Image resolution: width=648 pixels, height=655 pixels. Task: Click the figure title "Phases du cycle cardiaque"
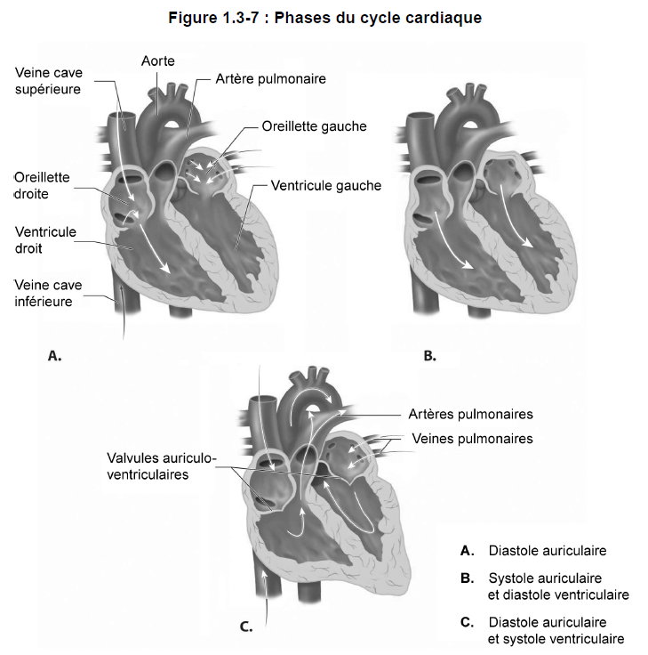(x=378, y=18)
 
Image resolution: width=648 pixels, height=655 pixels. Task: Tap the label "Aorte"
(x=157, y=61)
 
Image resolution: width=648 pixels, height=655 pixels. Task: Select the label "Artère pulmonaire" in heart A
(x=270, y=79)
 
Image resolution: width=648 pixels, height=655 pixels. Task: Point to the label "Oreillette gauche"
(x=314, y=126)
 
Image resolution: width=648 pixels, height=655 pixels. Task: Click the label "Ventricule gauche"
(x=326, y=185)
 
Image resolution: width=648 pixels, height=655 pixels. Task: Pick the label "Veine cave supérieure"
(x=48, y=81)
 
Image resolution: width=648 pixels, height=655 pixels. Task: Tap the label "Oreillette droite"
(x=42, y=185)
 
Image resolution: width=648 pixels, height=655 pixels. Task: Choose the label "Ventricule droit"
(x=45, y=240)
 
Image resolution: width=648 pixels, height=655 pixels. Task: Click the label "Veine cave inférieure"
(x=48, y=294)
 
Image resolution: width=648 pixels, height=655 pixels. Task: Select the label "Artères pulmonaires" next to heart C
(x=470, y=414)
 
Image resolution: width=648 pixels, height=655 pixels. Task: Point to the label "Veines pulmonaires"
(x=472, y=439)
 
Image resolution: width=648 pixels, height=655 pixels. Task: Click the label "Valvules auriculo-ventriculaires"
(x=162, y=466)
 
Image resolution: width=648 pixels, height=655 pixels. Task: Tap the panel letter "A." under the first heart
(x=54, y=356)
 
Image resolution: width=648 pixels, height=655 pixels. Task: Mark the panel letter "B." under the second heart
(x=429, y=356)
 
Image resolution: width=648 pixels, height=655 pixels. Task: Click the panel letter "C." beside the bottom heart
(x=246, y=627)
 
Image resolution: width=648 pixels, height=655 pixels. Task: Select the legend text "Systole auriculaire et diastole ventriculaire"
(x=558, y=586)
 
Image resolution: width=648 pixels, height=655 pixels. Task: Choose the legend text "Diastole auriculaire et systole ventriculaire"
(x=556, y=630)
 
